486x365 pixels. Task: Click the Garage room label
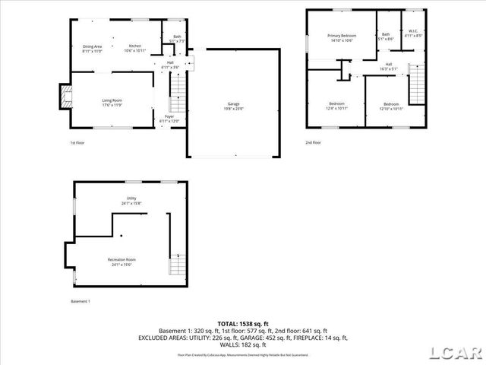[x=234, y=103]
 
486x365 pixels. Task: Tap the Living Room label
[x=112, y=100]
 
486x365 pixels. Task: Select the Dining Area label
[x=93, y=46]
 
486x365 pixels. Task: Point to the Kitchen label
[x=135, y=46]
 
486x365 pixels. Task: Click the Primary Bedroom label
[x=341, y=36]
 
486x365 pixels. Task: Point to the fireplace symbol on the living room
[x=65, y=97]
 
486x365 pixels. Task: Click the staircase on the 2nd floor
[x=417, y=84]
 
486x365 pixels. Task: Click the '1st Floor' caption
[x=77, y=142]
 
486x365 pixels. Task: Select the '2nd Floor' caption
[x=313, y=142]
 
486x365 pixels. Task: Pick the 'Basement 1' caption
[x=80, y=302]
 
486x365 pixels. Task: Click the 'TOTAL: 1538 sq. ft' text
[x=243, y=325]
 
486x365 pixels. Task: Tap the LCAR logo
[x=455, y=353]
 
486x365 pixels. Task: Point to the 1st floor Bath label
[x=177, y=36]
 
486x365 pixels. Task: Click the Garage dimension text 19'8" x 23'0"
[x=234, y=108]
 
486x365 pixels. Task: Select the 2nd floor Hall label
[x=388, y=64]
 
